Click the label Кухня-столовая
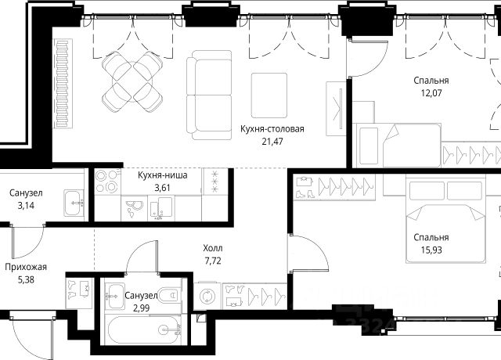[x=272, y=129]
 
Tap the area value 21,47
[x=272, y=141]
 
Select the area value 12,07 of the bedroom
[x=431, y=93]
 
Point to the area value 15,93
[x=431, y=250]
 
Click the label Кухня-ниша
[x=163, y=175]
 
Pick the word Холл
[x=213, y=248]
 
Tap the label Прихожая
[x=26, y=267]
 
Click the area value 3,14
[x=26, y=205]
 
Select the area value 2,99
[x=141, y=308]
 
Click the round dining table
[x=132, y=81]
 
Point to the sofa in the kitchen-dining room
[x=209, y=95]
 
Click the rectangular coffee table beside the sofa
[x=269, y=95]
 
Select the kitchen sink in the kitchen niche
[x=161, y=207]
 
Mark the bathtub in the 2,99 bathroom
[x=144, y=329]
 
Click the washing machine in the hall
[x=207, y=296]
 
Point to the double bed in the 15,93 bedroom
[x=445, y=221]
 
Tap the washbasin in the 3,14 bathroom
[x=74, y=203]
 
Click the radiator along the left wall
[x=63, y=84]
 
